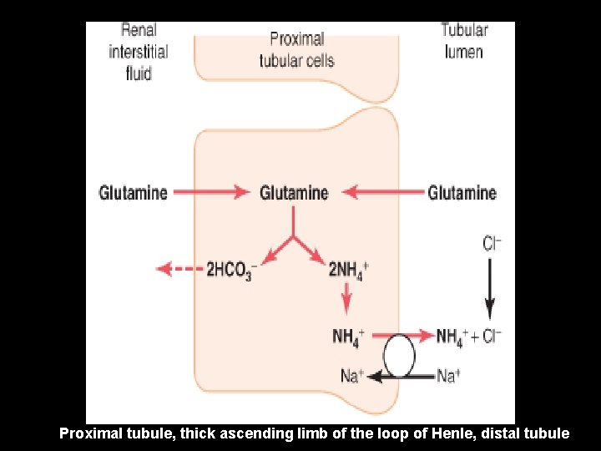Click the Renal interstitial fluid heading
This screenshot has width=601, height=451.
pyautogui.click(x=138, y=51)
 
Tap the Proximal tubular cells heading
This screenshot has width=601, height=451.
pyautogui.click(x=296, y=50)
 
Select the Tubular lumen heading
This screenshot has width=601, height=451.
pyautogui.click(x=463, y=41)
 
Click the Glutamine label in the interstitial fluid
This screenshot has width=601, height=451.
pyautogui.click(x=133, y=193)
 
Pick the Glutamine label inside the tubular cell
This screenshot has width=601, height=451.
pyautogui.click(x=294, y=193)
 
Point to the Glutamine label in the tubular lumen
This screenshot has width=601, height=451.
pyautogui.click(x=462, y=193)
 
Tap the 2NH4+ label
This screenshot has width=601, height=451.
pyautogui.click(x=349, y=269)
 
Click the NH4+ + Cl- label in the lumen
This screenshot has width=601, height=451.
pyautogui.click(x=469, y=337)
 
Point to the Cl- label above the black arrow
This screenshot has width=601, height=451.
pyautogui.click(x=492, y=244)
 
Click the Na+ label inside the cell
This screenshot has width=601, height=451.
pyautogui.click(x=352, y=376)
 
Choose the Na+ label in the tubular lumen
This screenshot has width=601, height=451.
pyautogui.click(x=448, y=376)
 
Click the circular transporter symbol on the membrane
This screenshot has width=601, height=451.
pyautogui.click(x=399, y=356)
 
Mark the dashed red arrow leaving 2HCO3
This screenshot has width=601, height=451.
pyautogui.click(x=179, y=269)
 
